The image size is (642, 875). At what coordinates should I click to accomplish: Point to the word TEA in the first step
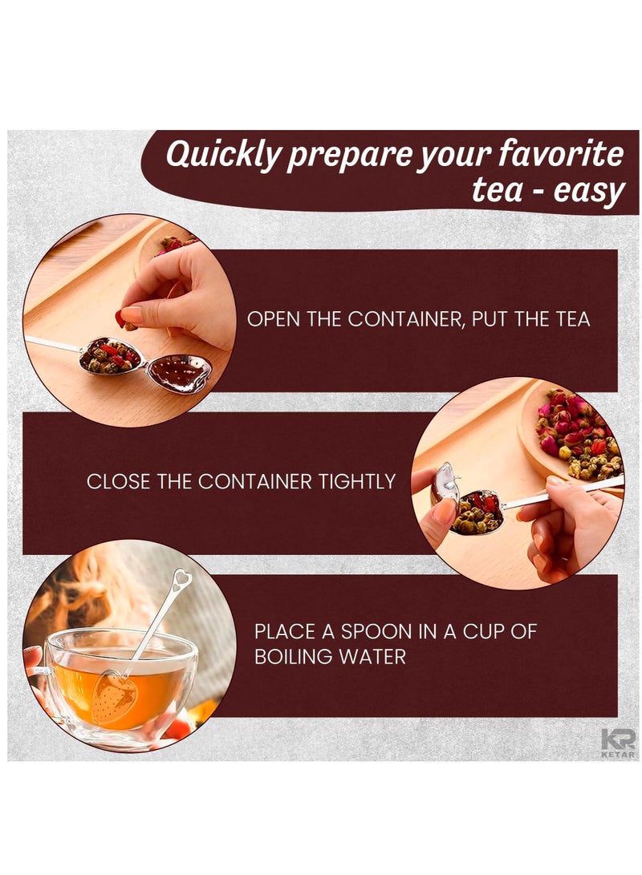coord(572,319)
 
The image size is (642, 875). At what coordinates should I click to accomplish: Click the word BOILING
coord(294,657)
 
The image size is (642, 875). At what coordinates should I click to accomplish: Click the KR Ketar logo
coord(618,743)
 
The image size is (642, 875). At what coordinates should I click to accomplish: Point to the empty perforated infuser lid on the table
coord(179,372)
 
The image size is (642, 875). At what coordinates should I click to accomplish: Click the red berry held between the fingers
coord(120,318)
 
